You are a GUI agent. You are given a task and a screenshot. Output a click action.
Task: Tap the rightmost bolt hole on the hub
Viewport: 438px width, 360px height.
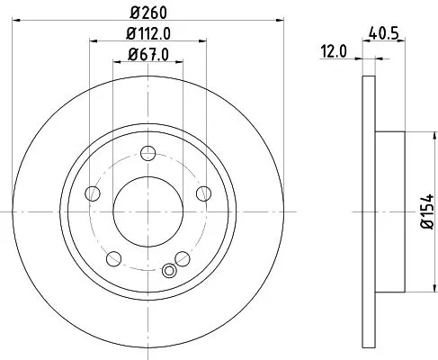[x=203, y=193]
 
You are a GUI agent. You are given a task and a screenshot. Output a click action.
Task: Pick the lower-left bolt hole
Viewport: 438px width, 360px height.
[x=113, y=258]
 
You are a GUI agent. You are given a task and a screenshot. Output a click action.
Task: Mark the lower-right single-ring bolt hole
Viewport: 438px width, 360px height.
[x=183, y=258]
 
